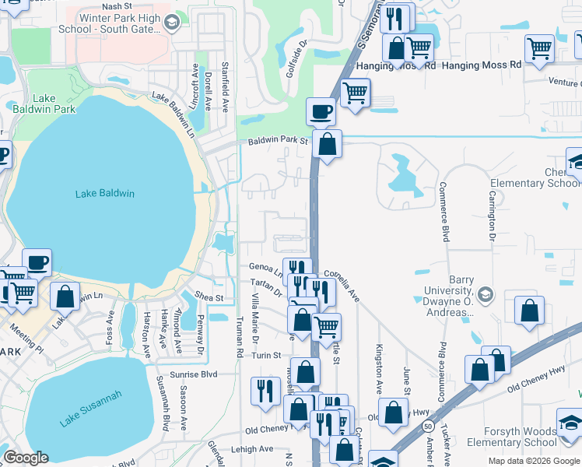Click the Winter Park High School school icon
(173, 22)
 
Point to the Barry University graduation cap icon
(486, 295)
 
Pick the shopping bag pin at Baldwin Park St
(328, 144)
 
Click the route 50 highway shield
(429, 427)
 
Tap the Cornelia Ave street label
(342, 285)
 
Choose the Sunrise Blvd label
(198, 374)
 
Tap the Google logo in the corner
(26, 458)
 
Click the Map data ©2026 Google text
(533, 461)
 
